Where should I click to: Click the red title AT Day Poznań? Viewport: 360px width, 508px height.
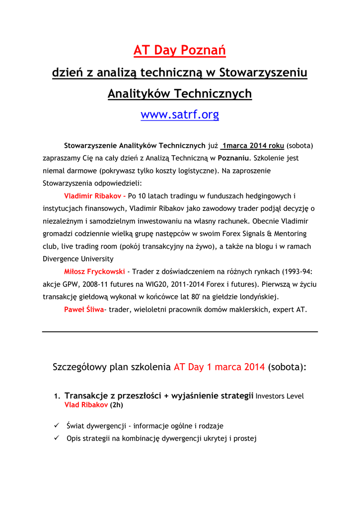(x=180, y=50)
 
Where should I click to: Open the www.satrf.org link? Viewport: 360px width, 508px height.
(x=180, y=115)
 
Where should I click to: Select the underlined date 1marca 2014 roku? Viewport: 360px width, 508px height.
(x=253, y=145)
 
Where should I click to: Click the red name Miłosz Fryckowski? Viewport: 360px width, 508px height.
(x=94, y=271)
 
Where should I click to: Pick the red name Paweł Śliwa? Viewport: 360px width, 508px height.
(x=84, y=310)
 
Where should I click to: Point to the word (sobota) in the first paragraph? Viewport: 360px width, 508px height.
(x=300, y=145)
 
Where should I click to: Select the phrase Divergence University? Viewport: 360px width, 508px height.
(x=78, y=258)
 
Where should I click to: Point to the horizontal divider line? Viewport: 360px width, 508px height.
(x=180, y=331)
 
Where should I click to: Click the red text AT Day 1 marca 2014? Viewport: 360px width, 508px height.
(x=219, y=367)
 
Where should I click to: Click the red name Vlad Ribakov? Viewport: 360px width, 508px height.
(x=86, y=405)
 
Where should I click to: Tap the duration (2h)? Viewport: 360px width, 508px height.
(x=116, y=405)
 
